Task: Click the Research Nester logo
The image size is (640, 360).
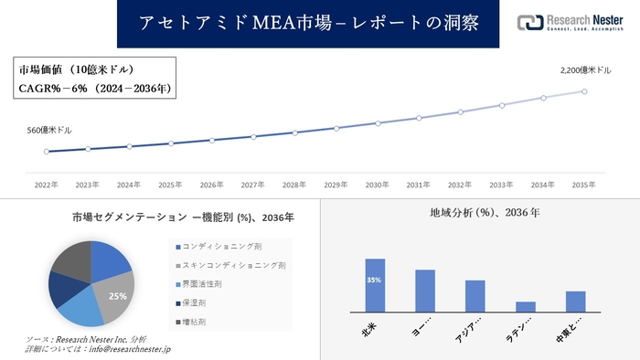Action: tap(571, 23)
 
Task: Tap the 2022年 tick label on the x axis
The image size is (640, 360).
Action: tap(46, 185)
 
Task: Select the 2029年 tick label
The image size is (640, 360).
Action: tap(336, 185)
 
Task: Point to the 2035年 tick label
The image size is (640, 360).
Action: tap(584, 185)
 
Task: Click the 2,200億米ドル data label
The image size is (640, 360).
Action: tap(585, 70)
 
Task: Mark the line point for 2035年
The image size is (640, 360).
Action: tap(584, 90)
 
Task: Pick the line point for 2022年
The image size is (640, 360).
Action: tap(46, 152)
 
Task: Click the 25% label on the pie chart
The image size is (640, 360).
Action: tap(117, 296)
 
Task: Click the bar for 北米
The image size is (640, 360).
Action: tap(375, 285)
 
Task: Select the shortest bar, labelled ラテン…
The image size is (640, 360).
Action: tap(525, 306)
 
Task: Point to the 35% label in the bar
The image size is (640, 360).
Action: tap(375, 280)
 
